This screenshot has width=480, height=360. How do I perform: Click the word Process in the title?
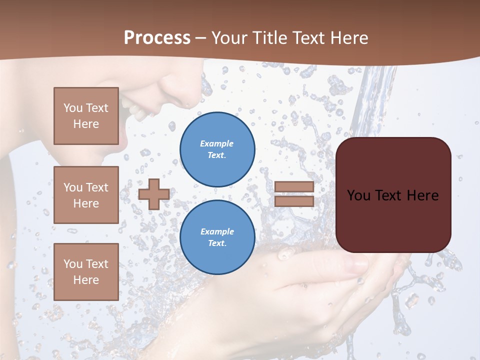[157, 38]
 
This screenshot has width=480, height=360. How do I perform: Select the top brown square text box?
[86, 116]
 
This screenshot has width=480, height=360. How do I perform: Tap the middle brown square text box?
[86, 195]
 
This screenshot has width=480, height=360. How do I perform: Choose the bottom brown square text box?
[86, 271]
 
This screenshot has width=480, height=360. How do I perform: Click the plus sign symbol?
[154, 194]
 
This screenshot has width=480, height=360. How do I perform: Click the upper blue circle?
[217, 149]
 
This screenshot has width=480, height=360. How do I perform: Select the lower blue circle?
[217, 237]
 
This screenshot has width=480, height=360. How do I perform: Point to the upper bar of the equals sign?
[294, 186]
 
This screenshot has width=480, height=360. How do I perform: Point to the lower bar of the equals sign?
[294, 201]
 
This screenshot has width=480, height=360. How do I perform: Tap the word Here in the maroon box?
[422, 195]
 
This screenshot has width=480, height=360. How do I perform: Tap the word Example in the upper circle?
[217, 143]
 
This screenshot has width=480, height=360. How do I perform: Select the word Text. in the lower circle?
[217, 243]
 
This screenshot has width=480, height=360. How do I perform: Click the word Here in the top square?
[86, 124]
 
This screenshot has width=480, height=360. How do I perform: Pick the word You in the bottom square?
[72, 263]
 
